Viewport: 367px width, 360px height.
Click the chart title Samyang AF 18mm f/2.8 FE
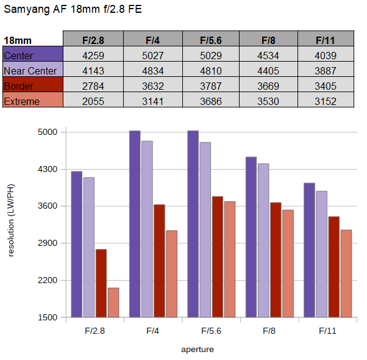(73, 10)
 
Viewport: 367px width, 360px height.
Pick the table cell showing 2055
(93, 101)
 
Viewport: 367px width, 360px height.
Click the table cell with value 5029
(211, 56)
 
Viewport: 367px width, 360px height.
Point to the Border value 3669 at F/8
(268, 86)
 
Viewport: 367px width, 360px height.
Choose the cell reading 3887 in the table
(326, 71)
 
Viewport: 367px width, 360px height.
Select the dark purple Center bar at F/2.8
(77, 244)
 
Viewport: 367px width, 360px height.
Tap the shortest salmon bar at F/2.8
(113, 303)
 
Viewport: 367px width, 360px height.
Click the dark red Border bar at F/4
(159, 261)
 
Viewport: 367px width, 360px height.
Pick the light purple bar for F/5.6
(205, 230)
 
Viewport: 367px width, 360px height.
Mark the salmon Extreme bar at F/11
(346, 274)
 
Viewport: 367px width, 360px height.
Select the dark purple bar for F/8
(251, 237)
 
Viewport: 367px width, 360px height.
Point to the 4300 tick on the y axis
(48, 169)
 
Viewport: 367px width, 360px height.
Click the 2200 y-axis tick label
(48, 280)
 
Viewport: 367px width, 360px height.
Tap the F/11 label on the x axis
(327, 331)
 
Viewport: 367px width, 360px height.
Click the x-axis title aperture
(198, 350)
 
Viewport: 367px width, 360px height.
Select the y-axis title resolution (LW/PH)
(11, 220)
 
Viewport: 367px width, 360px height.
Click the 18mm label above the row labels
(18, 40)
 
